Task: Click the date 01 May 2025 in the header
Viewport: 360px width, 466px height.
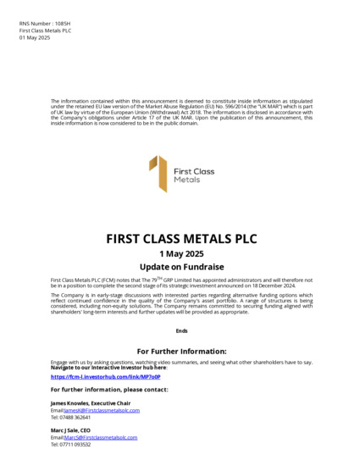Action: coord(35,38)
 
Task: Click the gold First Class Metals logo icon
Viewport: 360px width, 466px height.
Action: coord(158,174)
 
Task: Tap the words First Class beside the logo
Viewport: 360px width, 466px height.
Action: coord(194,171)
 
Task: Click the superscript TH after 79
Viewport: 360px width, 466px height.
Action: coord(155,277)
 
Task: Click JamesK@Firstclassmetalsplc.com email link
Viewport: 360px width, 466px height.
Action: coord(102,410)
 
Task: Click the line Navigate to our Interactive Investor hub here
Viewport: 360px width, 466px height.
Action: coord(109,368)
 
